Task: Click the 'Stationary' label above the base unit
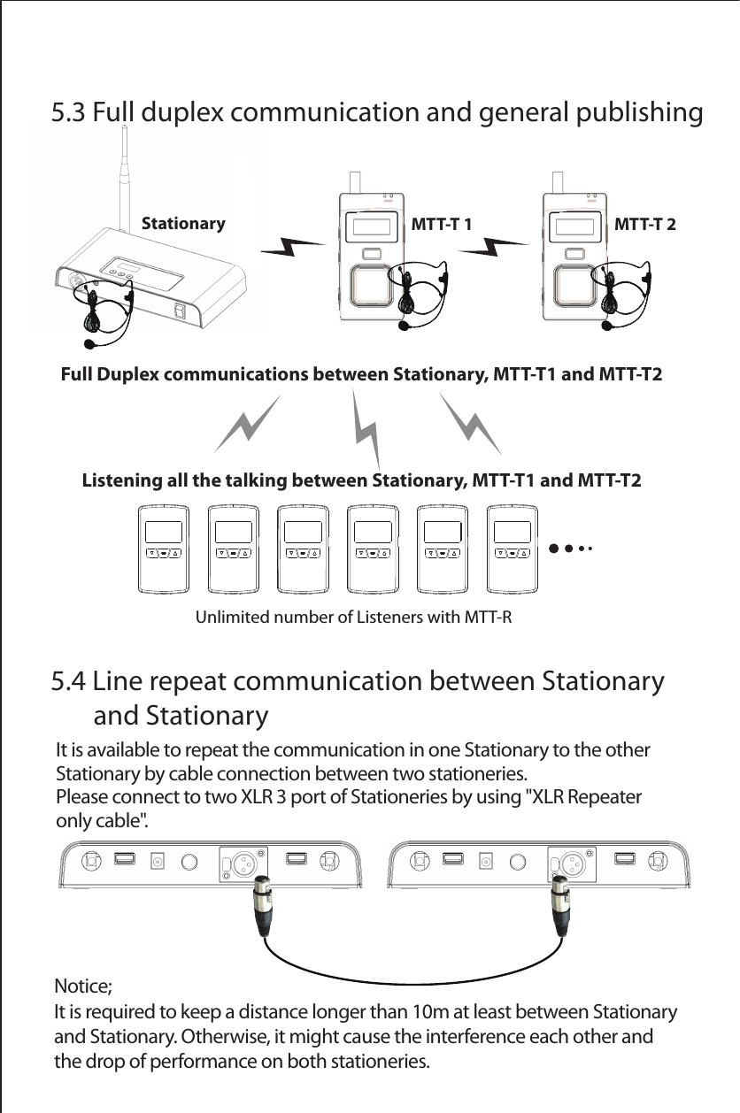[183, 224]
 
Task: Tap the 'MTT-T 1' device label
[443, 224]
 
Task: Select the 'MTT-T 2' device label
[644, 224]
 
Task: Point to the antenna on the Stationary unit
[124, 177]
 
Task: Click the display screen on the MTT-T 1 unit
[371, 226]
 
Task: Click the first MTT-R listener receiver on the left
[165, 549]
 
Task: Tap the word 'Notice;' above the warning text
[83, 986]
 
